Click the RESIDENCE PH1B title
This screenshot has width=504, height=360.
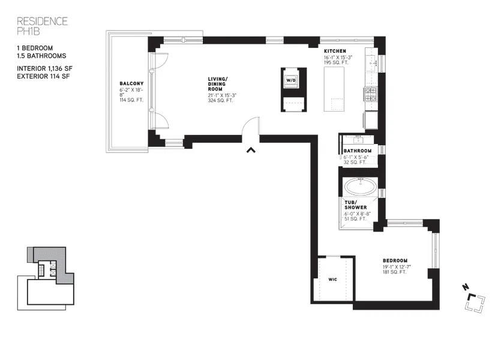[x=42, y=26]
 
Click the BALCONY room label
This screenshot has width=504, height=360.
[x=130, y=84]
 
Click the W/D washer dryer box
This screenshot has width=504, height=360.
[x=290, y=80]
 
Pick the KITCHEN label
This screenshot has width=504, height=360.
[x=334, y=52]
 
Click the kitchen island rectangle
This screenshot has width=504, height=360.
[x=334, y=89]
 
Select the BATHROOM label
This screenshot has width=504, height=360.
[x=358, y=151]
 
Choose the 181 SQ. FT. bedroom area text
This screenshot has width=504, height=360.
[x=394, y=272]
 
